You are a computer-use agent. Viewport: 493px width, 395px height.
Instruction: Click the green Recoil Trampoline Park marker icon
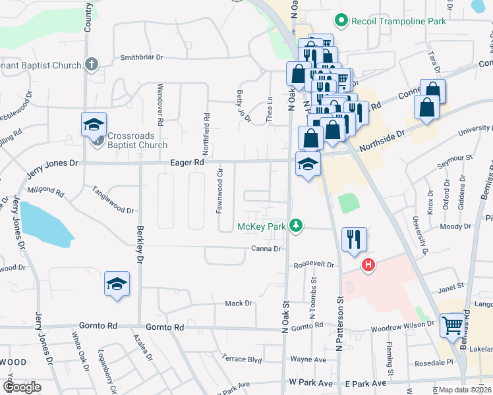tap(341, 21)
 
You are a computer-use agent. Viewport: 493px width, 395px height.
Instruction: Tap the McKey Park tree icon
tap(297, 226)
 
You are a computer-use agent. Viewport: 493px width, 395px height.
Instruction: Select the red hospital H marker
tap(368, 265)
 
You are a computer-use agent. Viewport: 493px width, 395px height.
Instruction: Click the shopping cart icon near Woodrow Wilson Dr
tap(452, 325)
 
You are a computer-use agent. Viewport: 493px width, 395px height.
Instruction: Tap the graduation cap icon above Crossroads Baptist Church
tap(94, 123)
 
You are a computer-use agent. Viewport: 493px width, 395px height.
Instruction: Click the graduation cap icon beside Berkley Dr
tap(117, 284)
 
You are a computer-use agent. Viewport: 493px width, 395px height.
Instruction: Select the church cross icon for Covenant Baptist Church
tap(92, 65)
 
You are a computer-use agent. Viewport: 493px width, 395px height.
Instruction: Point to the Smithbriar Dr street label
tap(141, 57)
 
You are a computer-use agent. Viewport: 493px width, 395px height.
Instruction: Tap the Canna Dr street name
tap(266, 249)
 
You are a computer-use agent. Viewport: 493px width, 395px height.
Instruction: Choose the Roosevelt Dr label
tap(314, 265)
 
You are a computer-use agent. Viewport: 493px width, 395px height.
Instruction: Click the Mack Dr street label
tap(239, 303)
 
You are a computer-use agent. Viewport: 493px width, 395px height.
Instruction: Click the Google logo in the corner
tap(22, 387)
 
